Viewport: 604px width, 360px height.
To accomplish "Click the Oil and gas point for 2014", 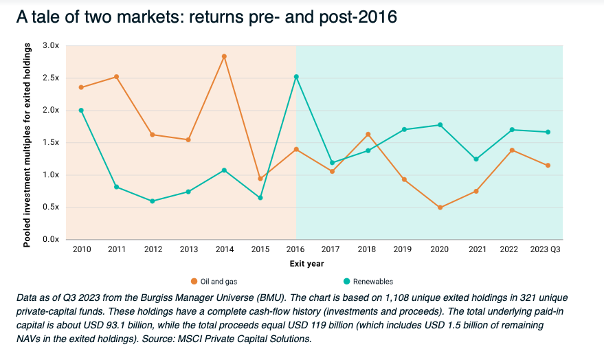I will point(224,56).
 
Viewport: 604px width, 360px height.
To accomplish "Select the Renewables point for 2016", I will point(296,77).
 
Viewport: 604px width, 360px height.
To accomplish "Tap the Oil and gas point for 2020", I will point(440,207).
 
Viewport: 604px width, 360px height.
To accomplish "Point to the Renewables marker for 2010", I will point(81,110).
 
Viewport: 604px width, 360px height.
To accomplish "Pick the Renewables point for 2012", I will point(153,201).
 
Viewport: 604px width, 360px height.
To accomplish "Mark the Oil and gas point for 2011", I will point(117,77).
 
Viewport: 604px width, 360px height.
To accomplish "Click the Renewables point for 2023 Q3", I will point(548,132).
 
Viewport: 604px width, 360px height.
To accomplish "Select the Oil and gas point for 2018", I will point(368,134).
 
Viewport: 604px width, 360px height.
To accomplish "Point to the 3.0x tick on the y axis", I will point(51,45).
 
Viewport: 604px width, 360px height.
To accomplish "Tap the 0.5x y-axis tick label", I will point(51,207).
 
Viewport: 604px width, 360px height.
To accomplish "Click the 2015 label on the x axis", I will point(260,250).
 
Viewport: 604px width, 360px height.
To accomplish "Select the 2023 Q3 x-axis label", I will point(547,250).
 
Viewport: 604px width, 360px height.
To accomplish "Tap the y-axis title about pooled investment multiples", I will point(27,145).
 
